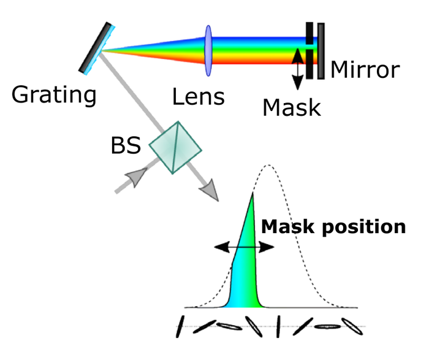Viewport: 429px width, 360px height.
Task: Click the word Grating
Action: point(55,95)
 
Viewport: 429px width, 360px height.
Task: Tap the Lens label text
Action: point(198,96)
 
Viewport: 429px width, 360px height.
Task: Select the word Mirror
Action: point(364,69)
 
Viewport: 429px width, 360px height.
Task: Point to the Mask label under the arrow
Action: point(292,108)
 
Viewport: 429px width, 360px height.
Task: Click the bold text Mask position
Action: point(333,226)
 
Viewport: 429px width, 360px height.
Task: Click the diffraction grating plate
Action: point(98,47)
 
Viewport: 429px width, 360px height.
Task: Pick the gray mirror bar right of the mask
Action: point(321,51)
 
